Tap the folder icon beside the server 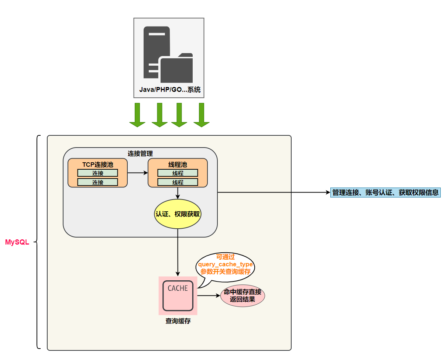coord(176,69)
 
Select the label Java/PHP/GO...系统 coord(170,90)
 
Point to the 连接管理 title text coord(140,153)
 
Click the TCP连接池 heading coord(98,164)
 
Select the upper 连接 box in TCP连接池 coord(98,173)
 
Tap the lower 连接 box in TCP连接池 coord(98,182)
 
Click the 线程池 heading coord(178,164)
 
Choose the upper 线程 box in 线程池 coord(178,173)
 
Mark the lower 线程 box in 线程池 coord(178,182)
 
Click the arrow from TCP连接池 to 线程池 coord(138,173)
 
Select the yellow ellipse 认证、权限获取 coord(178,214)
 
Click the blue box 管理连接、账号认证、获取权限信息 coord(385,193)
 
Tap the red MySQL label coord(17,242)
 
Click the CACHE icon coord(178,295)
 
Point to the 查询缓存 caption coord(178,321)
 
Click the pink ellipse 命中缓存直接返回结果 coord(243,295)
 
